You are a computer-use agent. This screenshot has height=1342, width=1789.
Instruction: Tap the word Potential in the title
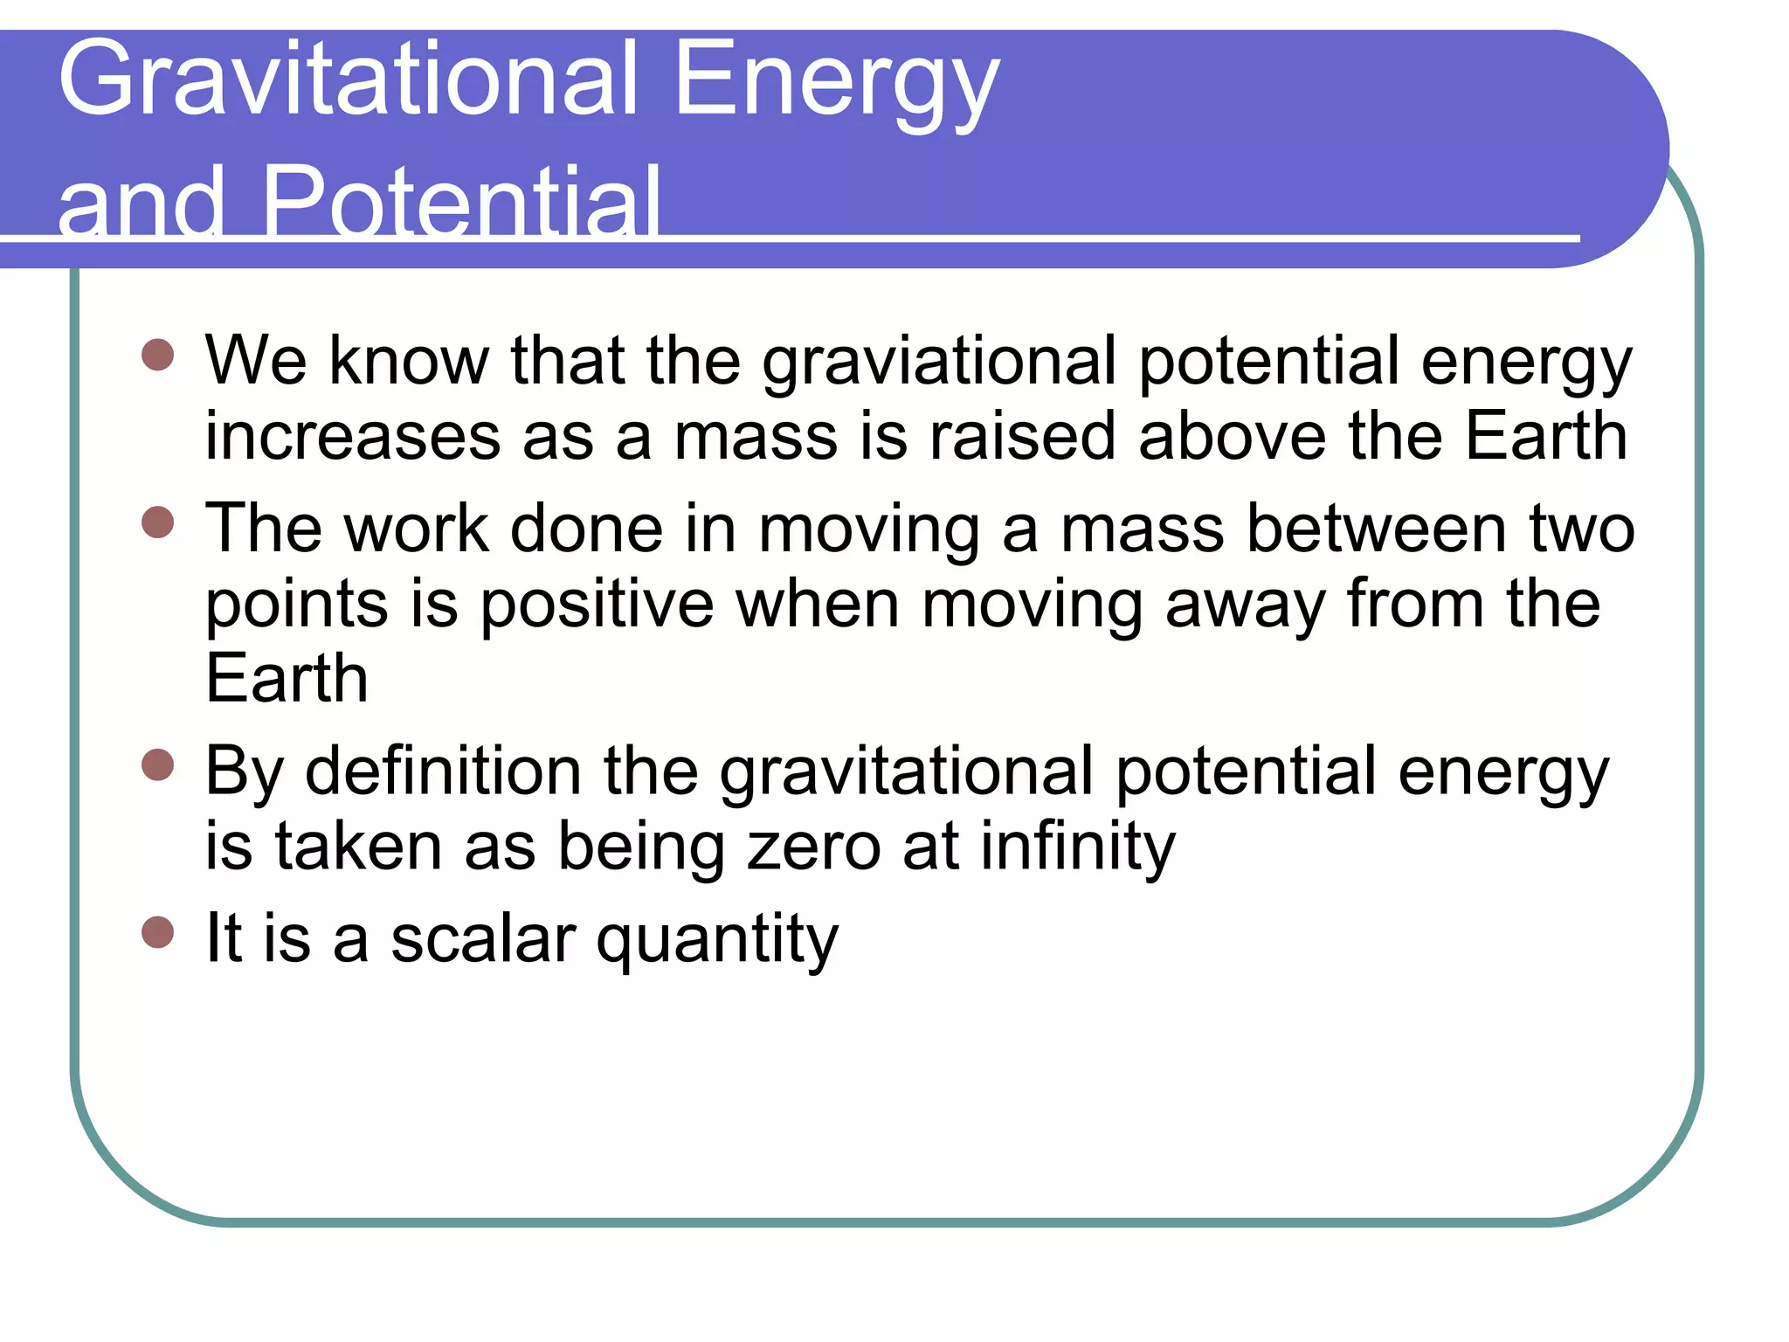pyautogui.click(x=460, y=203)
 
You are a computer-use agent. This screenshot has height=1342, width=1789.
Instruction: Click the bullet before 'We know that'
pyautogui.click(x=158, y=356)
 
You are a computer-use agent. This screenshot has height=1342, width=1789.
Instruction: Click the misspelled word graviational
pyautogui.click(x=939, y=363)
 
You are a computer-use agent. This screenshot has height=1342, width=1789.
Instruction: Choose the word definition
pyautogui.click(x=443, y=771)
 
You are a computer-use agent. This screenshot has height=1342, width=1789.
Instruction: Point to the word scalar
pyautogui.click(x=483, y=940)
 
